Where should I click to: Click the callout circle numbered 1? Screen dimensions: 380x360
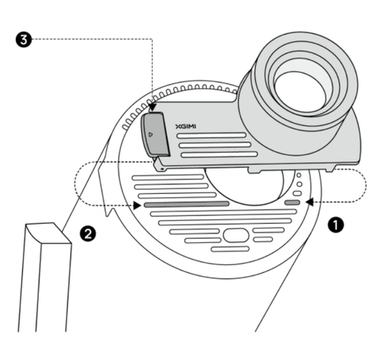point(336,225)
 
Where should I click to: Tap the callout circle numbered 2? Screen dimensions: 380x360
point(88,233)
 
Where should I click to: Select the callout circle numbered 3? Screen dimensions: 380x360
point(24,40)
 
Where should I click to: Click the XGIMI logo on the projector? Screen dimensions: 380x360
point(186,127)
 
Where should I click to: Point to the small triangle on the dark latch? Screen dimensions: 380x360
point(150,135)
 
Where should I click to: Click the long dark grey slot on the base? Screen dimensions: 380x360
point(187,204)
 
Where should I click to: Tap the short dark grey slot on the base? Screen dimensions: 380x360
point(292,203)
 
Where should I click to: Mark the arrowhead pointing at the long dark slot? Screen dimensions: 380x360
point(137,206)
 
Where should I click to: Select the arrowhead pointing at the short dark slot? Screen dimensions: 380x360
point(309,203)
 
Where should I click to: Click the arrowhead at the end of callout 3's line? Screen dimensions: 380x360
point(153,108)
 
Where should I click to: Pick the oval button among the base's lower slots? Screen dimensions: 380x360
point(236,235)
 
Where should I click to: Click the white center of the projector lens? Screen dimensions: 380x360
point(300,92)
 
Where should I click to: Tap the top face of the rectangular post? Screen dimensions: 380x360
point(48,233)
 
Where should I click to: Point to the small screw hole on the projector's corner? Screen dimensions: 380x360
point(162,169)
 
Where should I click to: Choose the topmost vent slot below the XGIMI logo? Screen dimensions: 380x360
point(211,135)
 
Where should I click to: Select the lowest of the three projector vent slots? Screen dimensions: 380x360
point(219,154)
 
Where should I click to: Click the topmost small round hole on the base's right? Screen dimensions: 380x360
point(298,175)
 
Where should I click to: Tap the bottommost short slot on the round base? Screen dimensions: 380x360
point(230,249)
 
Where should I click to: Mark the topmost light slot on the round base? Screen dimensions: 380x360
point(168,177)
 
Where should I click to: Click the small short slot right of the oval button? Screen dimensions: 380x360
point(263,240)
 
